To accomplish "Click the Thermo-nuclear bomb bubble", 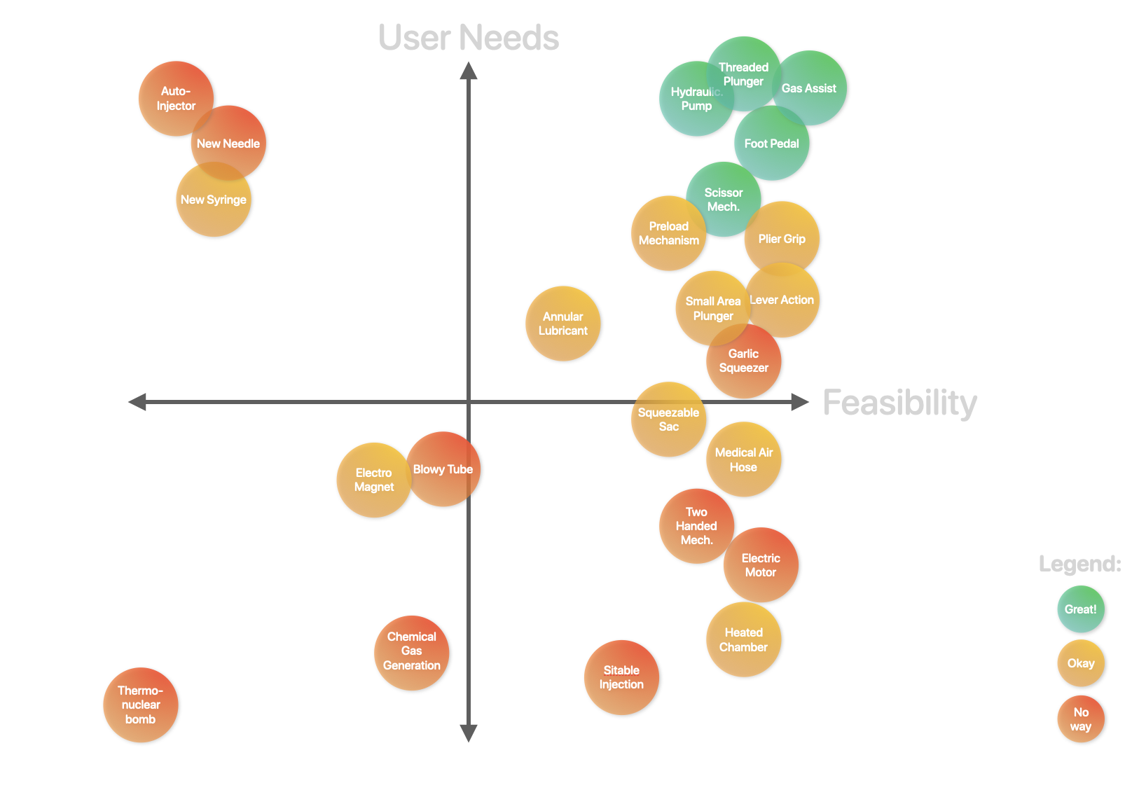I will pos(140,705).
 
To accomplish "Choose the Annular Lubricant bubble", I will pos(562,324).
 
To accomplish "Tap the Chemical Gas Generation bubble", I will pos(411,653).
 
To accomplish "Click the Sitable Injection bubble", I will pos(621,677).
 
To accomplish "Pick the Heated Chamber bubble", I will pos(743,639).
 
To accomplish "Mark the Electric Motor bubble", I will pos(761,565).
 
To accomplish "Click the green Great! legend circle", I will pos(1080,609).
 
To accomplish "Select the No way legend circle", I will pos(1080,719).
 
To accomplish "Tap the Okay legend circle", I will pos(1080,663).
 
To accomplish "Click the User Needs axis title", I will pos(468,38).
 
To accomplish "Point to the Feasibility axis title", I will pos(899,403).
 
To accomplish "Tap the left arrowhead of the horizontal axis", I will pos(137,402).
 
